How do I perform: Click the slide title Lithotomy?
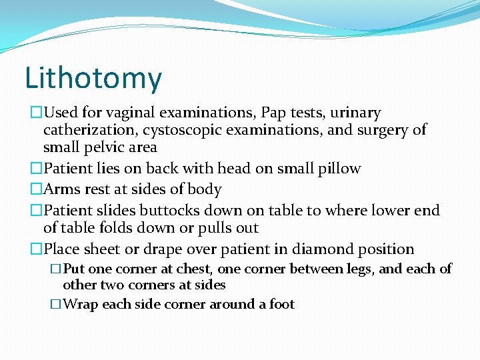coord(93,78)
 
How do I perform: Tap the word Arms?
coord(61,189)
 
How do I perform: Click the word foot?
coord(282,305)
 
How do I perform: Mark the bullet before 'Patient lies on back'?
coord(37,169)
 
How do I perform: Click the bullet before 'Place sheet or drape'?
coord(37,250)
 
